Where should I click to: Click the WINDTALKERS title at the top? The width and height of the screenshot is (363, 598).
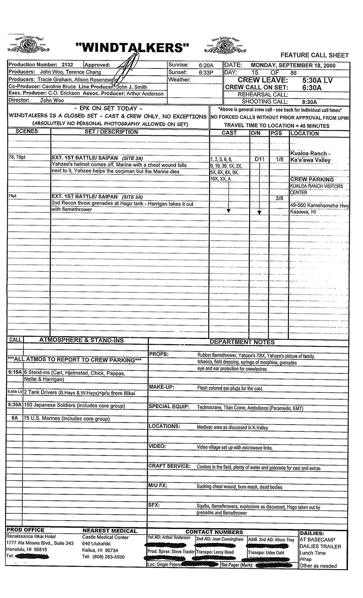coord(132,48)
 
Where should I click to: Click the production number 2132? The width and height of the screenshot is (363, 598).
coord(67,65)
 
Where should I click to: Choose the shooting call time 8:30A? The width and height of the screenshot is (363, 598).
coord(309,102)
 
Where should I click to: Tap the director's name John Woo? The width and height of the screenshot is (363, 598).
coord(52,101)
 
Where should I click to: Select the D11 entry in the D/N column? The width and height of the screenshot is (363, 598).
coord(259,159)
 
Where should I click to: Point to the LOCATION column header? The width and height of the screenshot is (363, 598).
coord(305,133)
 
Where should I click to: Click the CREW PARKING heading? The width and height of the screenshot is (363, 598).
coord(312,179)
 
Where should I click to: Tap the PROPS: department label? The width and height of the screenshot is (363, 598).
coord(159,354)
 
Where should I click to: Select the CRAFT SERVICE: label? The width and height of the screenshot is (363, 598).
coord(169,466)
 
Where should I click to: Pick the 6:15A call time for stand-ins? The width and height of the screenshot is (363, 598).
coord(15,372)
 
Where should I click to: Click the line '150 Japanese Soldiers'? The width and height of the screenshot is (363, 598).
coord(74,406)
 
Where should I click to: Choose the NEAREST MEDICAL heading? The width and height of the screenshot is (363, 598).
coord(110,531)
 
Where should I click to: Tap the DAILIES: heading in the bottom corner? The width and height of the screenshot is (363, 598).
coord(311,534)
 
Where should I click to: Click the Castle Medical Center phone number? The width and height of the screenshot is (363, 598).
coord(104,557)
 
